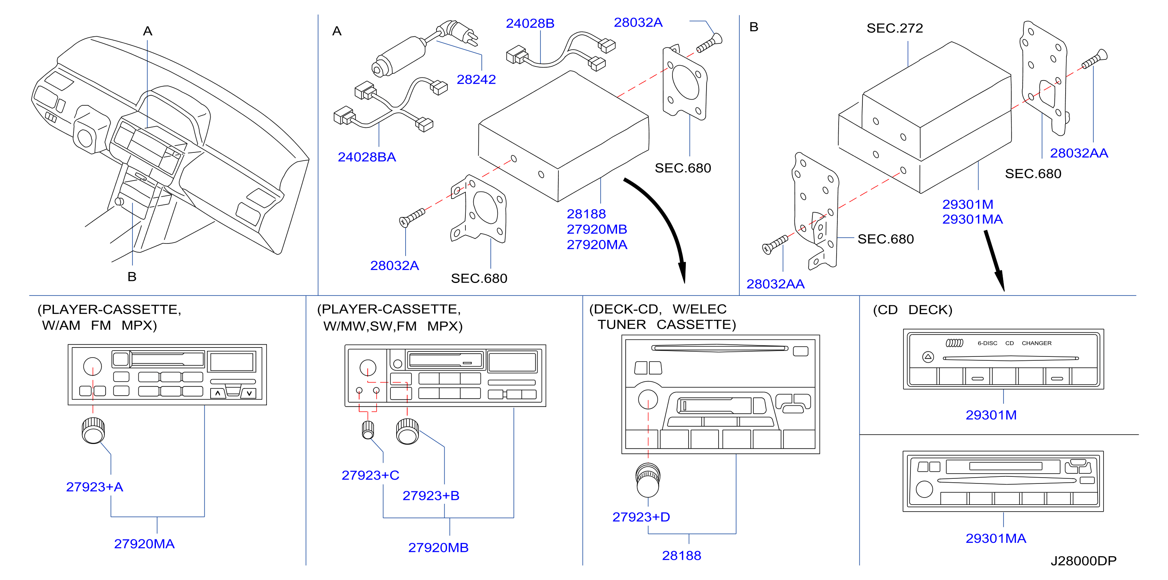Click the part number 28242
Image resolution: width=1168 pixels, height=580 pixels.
click(476, 79)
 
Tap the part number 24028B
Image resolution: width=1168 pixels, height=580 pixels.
click(530, 23)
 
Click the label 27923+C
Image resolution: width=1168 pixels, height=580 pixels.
click(370, 475)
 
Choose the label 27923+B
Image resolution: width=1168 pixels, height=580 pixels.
click(431, 495)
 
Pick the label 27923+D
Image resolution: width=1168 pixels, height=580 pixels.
click(641, 517)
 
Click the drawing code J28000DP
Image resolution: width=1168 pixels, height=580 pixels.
click(1084, 561)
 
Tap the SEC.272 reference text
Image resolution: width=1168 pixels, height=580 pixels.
click(894, 28)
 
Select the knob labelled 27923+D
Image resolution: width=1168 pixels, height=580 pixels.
click(648, 480)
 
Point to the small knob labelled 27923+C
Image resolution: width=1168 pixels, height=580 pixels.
click(368, 430)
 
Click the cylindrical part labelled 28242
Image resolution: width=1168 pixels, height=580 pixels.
click(399, 57)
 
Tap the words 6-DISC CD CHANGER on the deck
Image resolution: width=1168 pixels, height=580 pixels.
click(1014, 343)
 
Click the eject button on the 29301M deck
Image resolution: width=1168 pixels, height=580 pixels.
click(928, 357)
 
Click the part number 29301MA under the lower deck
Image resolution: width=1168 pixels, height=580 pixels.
click(996, 538)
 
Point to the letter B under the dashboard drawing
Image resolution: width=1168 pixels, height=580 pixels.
click(132, 277)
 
